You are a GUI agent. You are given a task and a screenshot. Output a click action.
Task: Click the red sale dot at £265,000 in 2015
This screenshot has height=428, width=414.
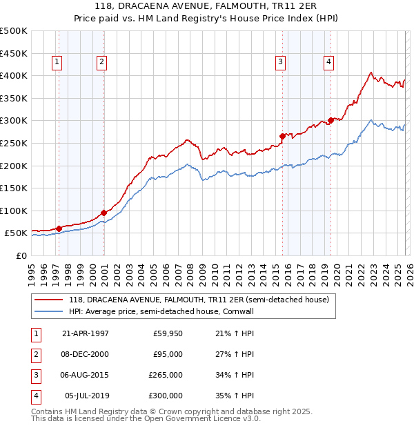click(282, 136)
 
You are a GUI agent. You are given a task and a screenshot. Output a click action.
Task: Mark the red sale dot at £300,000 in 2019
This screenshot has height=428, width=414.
click(331, 120)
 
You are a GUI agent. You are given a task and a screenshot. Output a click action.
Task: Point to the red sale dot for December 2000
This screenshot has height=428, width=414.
click(103, 213)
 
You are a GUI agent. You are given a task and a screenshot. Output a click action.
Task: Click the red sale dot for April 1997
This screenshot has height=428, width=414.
click(59, 228)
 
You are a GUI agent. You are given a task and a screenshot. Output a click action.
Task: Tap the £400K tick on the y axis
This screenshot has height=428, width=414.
click(14, 75)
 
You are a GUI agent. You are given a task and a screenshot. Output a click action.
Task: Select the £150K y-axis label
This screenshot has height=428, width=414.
click(14, 188)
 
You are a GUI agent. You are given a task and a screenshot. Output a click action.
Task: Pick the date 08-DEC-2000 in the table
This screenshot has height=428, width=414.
click(86, 354)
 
